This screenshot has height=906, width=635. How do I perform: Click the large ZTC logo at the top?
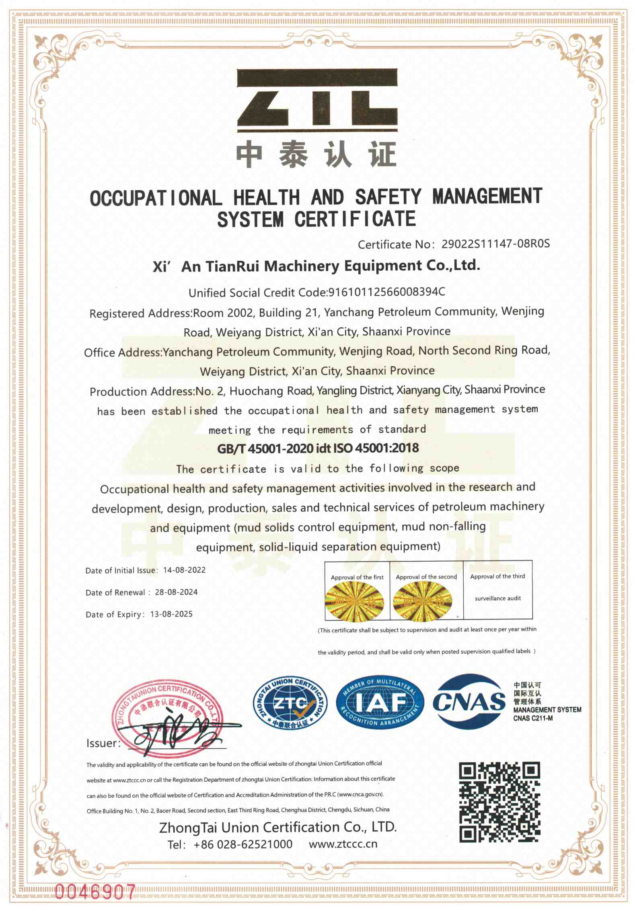tap(317, 101)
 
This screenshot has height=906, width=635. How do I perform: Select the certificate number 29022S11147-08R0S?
tap(495, 244)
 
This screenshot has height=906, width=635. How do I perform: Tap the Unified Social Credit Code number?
tap(387, 292)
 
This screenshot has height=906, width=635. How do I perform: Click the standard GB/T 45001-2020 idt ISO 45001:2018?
tap(318, 448)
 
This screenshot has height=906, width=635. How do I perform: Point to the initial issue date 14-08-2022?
tap(184, 570)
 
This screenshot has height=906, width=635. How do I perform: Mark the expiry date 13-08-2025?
tap(171, 614)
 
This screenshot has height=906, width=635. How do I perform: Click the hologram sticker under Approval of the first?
tap(355, 601)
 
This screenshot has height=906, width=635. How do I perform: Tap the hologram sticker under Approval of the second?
tap(422, 601)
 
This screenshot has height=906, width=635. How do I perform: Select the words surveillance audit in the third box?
tap(497, 598)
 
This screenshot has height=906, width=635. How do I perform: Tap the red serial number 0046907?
tap(95, 892)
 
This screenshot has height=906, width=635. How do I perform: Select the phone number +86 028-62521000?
tap(242, 844)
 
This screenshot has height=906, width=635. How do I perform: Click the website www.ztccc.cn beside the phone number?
tap(343, 844)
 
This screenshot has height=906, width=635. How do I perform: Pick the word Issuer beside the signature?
tap(103, 743)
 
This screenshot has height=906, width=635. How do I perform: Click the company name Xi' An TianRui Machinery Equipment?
tap(316, 266)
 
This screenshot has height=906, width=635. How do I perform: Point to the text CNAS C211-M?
tap(533, 718)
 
